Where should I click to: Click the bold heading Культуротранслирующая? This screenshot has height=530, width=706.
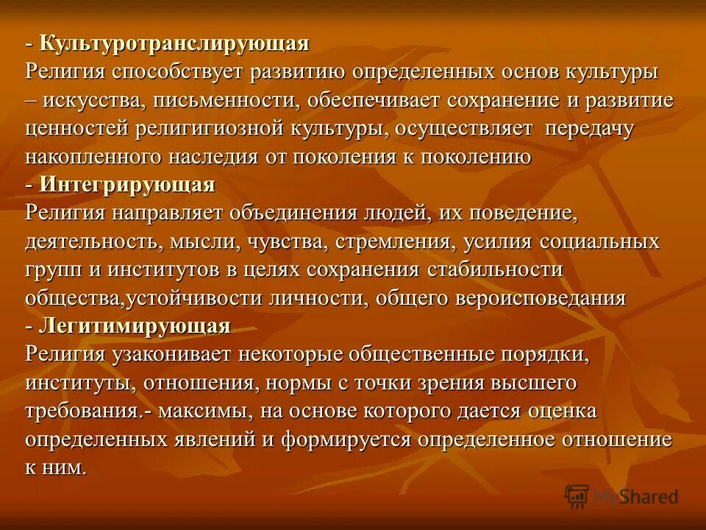174,43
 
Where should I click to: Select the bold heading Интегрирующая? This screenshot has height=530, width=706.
126,185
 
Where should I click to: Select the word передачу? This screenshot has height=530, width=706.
590,129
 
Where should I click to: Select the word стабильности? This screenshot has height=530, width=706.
495,269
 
